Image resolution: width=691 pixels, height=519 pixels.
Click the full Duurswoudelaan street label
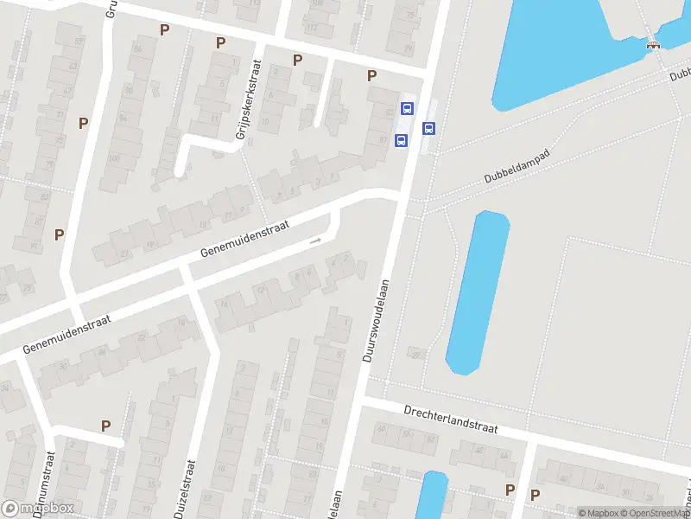click(377, 320)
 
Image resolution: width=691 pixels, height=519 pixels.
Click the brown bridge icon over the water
click(653, 45)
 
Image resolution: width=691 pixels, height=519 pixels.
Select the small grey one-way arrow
click(316, 240)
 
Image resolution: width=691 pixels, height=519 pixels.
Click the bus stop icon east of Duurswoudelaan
click(428, 128)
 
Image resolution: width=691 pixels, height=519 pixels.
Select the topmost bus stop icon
click(407, 109)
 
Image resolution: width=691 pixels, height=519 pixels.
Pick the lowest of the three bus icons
click(401, 140)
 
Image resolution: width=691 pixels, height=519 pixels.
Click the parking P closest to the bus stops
click(372, 75)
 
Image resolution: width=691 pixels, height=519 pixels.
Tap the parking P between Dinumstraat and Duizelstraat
click(105, 426)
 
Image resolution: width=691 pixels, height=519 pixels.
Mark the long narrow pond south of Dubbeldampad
click(478, 292)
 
